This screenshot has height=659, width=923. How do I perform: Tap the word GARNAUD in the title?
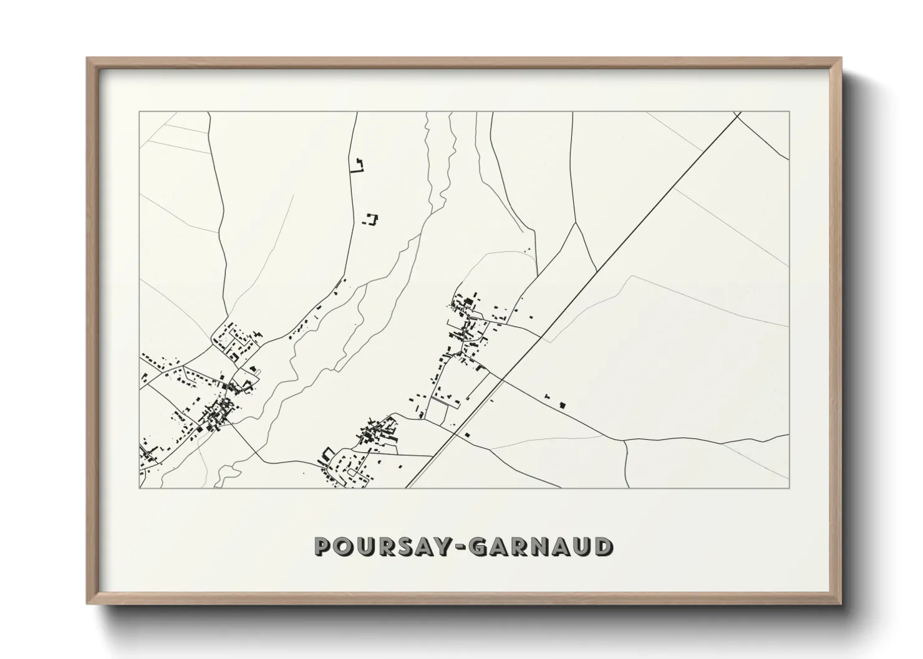point(540,546)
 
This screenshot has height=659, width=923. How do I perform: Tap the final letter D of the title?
point(603,546)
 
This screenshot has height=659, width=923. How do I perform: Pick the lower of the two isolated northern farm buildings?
point(372,219)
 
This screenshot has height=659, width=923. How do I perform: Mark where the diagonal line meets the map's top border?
point(737,113)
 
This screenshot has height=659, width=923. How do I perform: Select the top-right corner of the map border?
point(789,112)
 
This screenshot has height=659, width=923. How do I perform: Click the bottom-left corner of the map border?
point(140,488)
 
